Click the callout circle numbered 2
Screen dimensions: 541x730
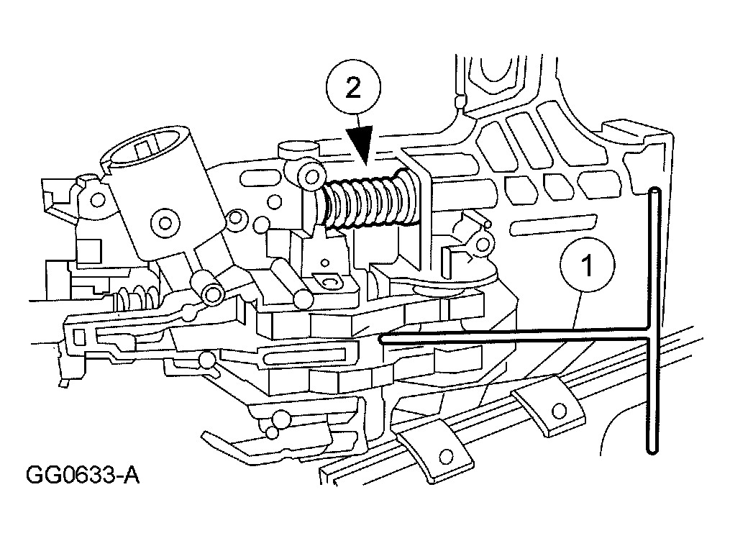click(352, 89)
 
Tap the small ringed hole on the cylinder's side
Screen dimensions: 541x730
click(165, 220)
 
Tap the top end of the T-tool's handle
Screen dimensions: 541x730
click(654, 193)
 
